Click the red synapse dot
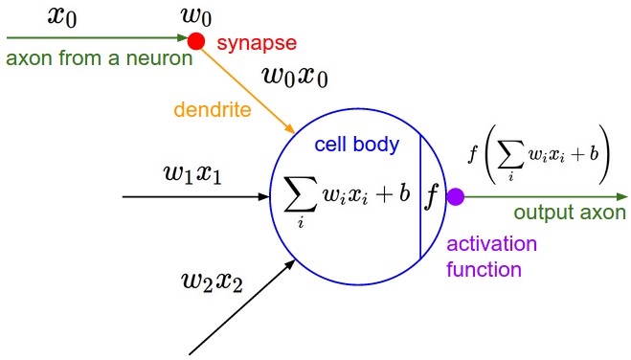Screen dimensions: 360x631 (x=196, y=40)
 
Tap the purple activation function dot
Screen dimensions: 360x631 (x=456, y=197)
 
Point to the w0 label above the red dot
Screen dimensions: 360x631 (x=195, y=15)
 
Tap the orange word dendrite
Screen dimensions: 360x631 (x=214, y=110)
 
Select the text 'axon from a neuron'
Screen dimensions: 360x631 (x=99, y=58)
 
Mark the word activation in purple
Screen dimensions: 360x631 (x=492, y=244)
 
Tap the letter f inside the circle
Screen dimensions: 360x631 (x=432, y=196)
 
